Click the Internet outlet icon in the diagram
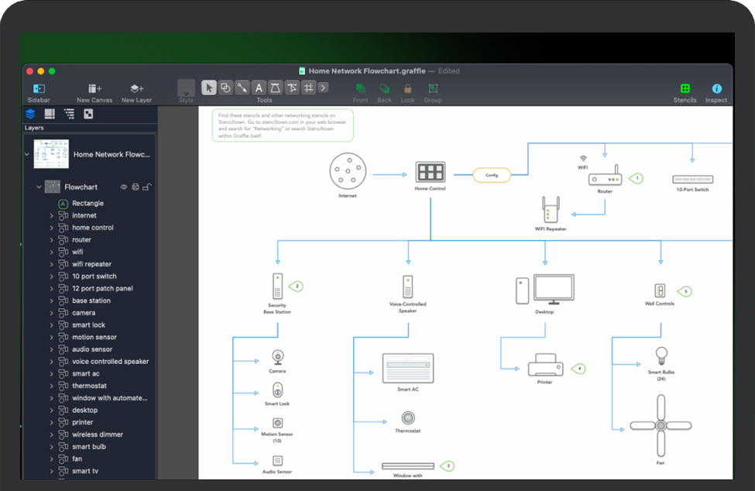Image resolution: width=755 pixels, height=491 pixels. click(348, 170)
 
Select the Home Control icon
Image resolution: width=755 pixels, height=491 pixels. click(430, 172)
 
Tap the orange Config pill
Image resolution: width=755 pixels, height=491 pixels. click(492, 175)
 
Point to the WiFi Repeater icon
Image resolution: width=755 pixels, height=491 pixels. click(551, 209)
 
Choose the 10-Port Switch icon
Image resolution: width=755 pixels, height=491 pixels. click(692, 179)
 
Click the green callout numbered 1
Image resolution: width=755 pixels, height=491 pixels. click(637, 178)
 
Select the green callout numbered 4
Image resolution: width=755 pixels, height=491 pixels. click(578, 369)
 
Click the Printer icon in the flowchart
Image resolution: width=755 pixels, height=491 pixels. click(544, 365)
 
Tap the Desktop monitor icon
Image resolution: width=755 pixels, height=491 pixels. click(554, 290)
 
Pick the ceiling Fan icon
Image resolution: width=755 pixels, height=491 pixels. click(661, 425)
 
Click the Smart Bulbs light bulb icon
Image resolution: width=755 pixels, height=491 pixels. click(661, 355)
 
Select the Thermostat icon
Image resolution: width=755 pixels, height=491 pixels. click(407, 417)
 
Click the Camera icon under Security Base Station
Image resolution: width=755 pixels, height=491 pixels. click(277, 357)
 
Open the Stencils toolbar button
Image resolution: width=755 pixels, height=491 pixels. click(685, 89)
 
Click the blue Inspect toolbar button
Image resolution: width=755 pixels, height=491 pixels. click(716, 89)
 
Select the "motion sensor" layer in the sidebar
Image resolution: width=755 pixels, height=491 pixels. click(94, 337)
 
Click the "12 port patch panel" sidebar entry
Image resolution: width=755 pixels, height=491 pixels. click(102, 288)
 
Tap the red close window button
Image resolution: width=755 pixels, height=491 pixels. click(29, 71)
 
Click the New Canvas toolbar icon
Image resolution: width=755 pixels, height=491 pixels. click(94, 89)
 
